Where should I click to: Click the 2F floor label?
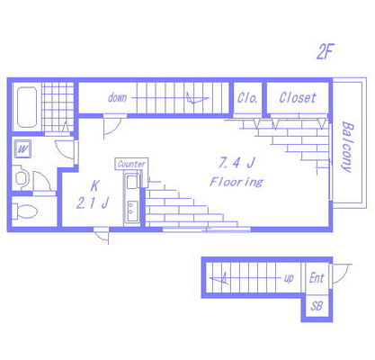326,51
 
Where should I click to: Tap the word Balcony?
347,147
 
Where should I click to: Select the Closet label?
298,97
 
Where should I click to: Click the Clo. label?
247,98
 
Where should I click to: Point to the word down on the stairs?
117,97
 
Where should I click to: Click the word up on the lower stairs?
289,279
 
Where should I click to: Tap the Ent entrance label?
317,278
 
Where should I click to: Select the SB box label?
317,306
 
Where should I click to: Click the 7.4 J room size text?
237,163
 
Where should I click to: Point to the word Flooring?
237,182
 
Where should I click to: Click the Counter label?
131,164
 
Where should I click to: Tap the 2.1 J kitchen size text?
92,202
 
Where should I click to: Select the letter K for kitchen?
94,186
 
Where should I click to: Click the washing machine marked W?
22,148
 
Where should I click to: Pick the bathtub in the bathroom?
27,107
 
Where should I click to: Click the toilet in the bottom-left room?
25,211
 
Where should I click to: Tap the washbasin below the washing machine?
21,177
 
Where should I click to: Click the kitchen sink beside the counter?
131,182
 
